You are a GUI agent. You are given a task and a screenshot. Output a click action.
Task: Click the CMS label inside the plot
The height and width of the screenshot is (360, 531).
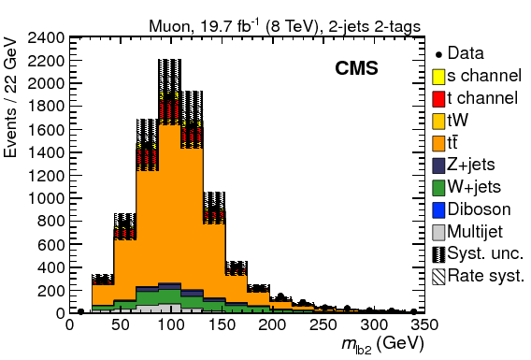[x=356, y=70]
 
